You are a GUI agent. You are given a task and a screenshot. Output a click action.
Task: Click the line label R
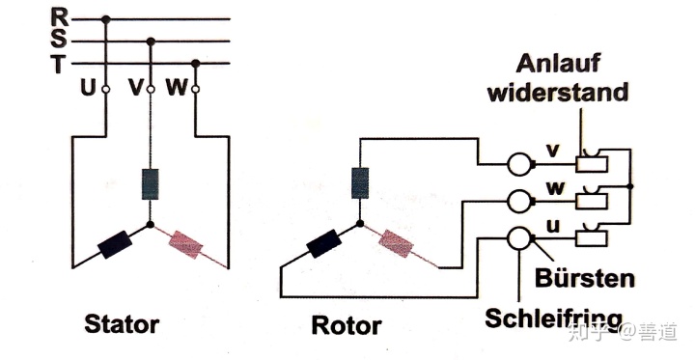[x=60, y=16]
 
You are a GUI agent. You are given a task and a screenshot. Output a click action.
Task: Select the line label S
[x=60, y=41]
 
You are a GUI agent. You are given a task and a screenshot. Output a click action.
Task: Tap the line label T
[x=60, y=65]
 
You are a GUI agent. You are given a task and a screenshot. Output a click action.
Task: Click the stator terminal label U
[x=89, y=89]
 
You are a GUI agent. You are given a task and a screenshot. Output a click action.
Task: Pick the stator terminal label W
[x=178, y=89]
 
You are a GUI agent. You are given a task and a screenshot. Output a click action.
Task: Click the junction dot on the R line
[x=106, y=17]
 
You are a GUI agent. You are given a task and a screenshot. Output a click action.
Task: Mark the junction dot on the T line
[x=195, y=65]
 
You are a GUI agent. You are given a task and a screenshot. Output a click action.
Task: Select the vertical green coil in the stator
[x=150, y=183]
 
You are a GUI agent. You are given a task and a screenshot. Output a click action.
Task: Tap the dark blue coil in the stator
[x=115, y=243]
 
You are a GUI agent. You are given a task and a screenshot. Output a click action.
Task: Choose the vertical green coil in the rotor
[x=359, y=180]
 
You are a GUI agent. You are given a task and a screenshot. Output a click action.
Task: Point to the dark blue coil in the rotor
[x=323, y=244]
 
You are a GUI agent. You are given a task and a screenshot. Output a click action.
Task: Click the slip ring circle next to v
[x=519, y=163]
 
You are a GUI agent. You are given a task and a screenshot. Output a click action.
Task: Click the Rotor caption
[x=346, y=325]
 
